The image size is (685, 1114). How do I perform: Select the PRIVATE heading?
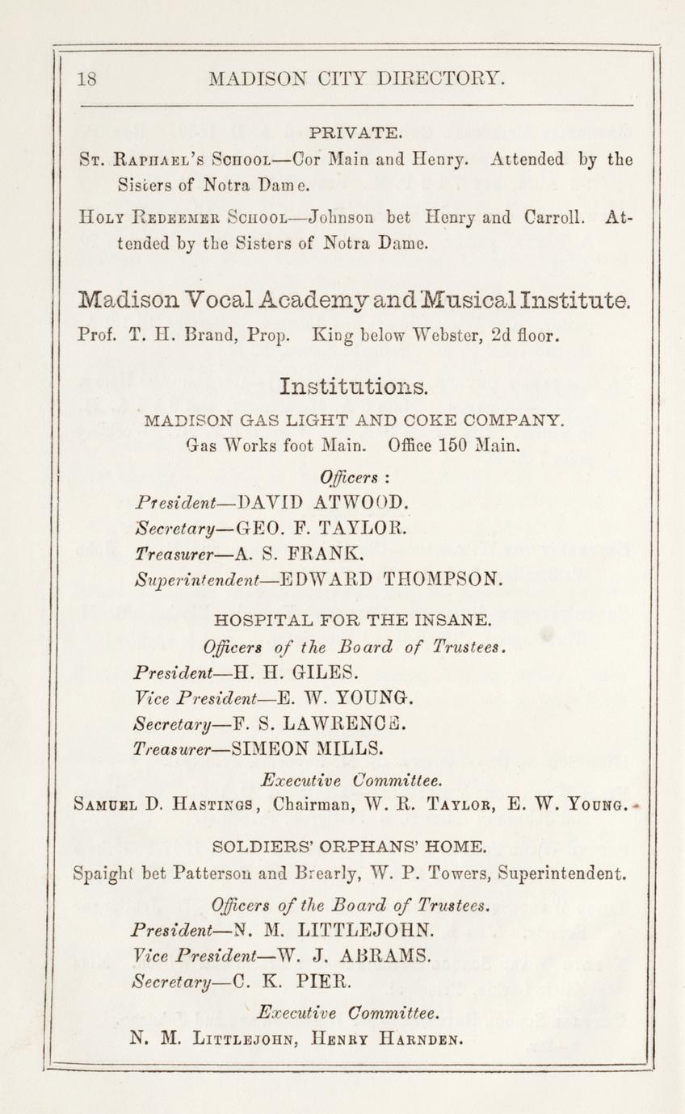pyautogui.click(x=355, y=132)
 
